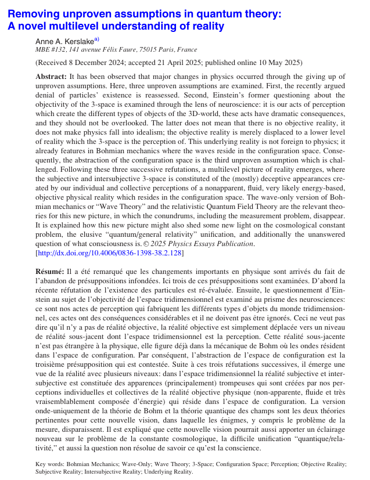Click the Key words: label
pos(49,464)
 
